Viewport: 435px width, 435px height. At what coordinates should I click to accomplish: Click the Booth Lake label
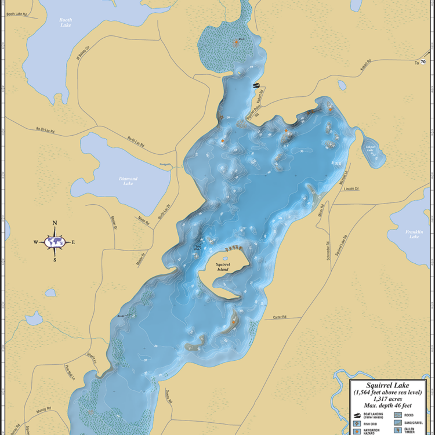(66, 23)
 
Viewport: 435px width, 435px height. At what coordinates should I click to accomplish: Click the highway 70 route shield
(423, 61)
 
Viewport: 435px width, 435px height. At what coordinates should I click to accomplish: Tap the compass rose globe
(55, 242)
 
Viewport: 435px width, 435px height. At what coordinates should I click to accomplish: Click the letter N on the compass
(55, 223)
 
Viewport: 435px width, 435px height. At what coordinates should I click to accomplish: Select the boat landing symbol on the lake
(256, 85)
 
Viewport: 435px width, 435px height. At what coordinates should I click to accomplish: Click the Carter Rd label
(280, 317)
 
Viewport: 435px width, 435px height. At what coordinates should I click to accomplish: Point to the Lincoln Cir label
(351, 188)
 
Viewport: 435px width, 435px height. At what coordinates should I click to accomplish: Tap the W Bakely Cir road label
(80, 53)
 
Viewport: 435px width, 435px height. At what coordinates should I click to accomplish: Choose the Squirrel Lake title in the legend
(387, 385)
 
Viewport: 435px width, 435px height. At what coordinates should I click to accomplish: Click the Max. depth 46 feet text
(387, 404)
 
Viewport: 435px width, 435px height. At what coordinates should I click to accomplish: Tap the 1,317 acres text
(387, 398)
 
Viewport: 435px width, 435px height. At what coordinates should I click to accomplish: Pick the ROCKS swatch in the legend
(398, 415)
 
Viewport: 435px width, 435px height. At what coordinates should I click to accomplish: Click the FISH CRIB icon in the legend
(357, 423)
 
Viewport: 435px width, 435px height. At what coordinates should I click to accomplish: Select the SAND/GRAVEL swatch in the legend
(398, 423)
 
